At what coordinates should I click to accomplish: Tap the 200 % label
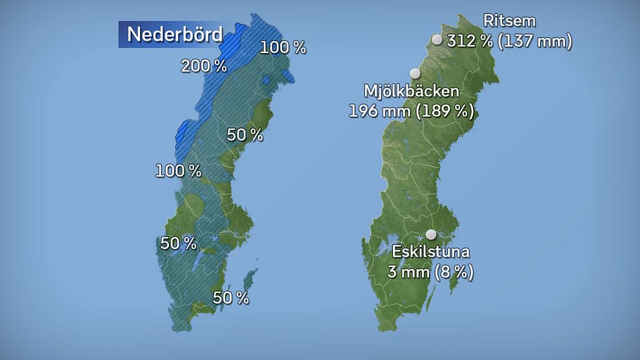click(x=204, y=66)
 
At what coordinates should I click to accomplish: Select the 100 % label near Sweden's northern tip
click(x=283, y=47)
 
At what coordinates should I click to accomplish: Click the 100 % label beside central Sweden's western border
click(x=179, y=171)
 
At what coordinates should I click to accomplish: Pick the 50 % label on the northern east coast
click(x=245, y=135)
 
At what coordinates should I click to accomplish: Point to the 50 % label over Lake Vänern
click(x=179, y=244)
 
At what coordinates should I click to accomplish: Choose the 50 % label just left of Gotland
click(x=231, y=298)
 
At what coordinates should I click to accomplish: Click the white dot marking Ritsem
click(x=437, y=40)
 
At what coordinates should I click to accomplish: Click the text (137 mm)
click(x=535, y=42)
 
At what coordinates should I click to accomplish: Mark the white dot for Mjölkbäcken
click(x=415, y=74)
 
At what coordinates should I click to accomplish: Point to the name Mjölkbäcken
click(x=411, y=91)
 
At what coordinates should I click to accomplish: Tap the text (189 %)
click(x=445, y=111)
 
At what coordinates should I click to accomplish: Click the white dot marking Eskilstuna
click(x=431, y=235)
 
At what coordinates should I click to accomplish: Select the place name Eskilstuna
click(x=430, y=252)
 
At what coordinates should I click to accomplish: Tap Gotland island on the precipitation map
click(x=248, y=281)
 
